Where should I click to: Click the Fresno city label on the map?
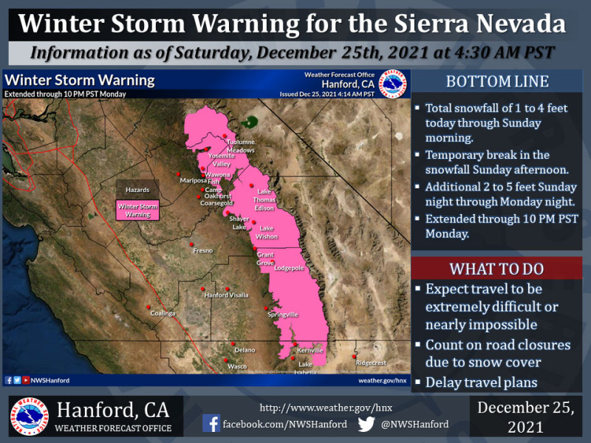coord(203,251)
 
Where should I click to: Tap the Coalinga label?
coord(163,314)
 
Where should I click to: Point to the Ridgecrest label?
coord(370,363)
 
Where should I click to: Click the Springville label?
coord(282,315)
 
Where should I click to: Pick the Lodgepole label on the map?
coord(289,269)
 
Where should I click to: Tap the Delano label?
coord(245,350)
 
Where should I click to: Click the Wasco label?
coord(237,366)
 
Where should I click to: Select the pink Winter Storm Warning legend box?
coord(138,210)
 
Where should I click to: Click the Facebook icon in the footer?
coord(211,424)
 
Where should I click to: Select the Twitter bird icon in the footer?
coord(366,424)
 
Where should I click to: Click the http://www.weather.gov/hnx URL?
coord(316,408)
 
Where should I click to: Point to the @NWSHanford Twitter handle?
coord(415,425)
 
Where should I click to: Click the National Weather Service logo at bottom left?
coord(30,416)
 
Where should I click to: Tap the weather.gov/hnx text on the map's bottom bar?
coord(383,380)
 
